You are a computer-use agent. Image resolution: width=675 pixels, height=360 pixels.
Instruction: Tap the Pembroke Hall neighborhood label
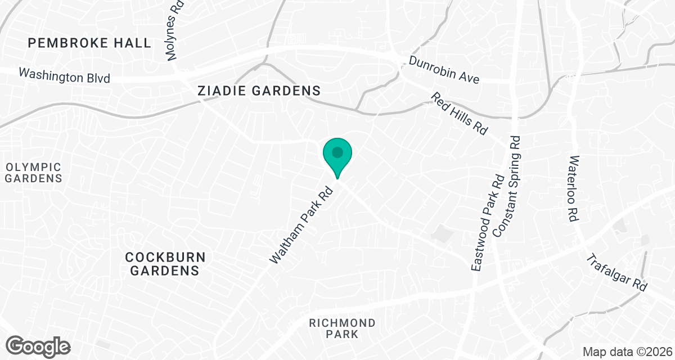[x=90, y=43]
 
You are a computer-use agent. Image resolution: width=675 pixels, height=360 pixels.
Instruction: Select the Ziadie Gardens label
[x=259, y=91]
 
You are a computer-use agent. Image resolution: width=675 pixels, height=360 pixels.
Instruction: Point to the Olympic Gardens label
[x=34, y=173]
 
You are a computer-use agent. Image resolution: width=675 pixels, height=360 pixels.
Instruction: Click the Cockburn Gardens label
[x=165, y=264]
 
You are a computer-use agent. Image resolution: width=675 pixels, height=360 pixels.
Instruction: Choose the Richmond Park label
[x=342, y=328]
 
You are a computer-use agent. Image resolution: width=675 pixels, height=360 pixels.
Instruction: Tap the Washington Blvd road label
[x=64, y=75]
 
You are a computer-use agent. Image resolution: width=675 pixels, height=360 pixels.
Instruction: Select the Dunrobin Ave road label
[x=444, y=70]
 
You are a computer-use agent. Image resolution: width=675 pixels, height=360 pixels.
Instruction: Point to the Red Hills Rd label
[x=459, y=114]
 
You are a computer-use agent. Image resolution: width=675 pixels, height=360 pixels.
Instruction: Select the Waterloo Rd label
[x=574, y=188]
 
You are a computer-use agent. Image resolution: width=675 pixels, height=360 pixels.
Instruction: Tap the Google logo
[x=38, y=345]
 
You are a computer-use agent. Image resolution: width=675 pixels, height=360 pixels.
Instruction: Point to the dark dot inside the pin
[x=337, y=152]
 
